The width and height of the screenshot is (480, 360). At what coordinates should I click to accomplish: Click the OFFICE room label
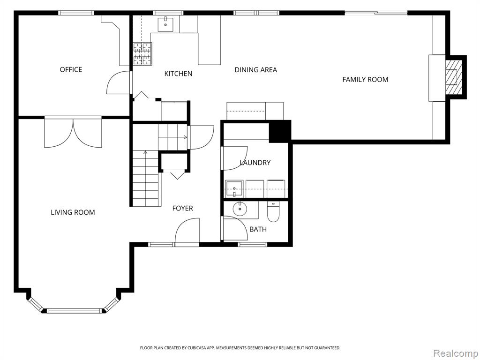[71, 69]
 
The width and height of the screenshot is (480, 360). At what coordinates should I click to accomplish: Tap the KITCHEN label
[178, 74]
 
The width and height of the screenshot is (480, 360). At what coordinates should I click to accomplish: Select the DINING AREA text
[255, 70]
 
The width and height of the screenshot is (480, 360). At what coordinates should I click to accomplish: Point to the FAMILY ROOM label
[365, 80]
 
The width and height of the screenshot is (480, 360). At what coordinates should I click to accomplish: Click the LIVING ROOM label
[73, 212]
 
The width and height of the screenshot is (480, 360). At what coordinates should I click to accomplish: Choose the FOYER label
[182, 208]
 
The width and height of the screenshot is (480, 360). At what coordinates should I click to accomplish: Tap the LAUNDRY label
[255, 163]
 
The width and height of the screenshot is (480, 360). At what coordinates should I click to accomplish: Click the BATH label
[258, 229]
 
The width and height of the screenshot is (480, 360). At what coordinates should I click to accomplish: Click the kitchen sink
[165, 24]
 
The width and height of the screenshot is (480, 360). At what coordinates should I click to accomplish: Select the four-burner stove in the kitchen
[142, 53]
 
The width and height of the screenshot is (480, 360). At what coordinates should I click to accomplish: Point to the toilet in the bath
[273, 211]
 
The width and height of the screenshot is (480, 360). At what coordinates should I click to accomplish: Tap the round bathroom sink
[240, 210]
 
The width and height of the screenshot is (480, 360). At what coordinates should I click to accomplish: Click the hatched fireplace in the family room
[453, 77]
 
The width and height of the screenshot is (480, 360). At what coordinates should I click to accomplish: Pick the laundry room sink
[234, 189]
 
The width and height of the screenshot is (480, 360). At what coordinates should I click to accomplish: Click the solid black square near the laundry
[279, 131]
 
